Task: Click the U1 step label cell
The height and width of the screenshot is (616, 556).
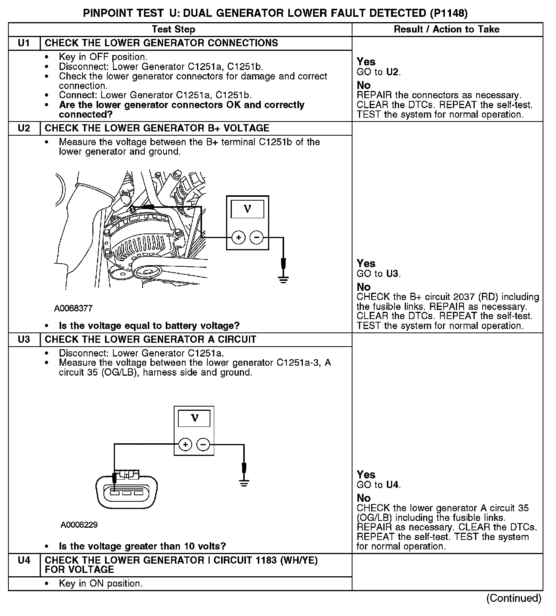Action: pyautogui.click(x=24, y=43)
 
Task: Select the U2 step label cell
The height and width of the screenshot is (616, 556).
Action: pyautogui.click(x=24, y=128)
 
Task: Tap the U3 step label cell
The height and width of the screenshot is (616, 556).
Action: pyautogui.click(x=24, y=340)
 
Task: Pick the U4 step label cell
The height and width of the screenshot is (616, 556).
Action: pyautogui.click(x=24, y=560)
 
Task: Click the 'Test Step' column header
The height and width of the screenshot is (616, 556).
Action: pyautogui.click(x=173, y=29)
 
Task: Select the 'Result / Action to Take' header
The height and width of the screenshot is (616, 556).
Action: pyautogui.click(x=446, y=29)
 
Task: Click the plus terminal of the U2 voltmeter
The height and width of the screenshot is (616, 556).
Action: pyautogui.click(x=239, y=238)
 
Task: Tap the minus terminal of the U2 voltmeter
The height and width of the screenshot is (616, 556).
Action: pyautogui.click(x=256, y=238)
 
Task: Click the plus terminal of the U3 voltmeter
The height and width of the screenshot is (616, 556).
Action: pyautogui.click(x=185, y=444)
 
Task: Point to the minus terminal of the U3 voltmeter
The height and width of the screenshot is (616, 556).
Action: pyautogui.click(x=203, y=444)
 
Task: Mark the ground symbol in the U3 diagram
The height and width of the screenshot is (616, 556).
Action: pyautogui.click(x=244, y=483)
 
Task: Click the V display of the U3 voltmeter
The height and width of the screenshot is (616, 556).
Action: pyautogui.click(x=194, y=418)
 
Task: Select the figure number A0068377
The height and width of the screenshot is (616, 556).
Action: pyautogui.click(x=73, y=308)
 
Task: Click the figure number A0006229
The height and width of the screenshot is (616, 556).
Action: pyautogui.click(x=79, y=525)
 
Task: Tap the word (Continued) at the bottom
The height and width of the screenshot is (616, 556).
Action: pyautogui.click(x=514, y=598)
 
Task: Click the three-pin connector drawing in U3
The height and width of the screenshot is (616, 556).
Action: pyautogui.click(x=126, y=491)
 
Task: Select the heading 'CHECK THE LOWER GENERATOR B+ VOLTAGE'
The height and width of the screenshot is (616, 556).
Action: pyautogui.click(x=157, y=128)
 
